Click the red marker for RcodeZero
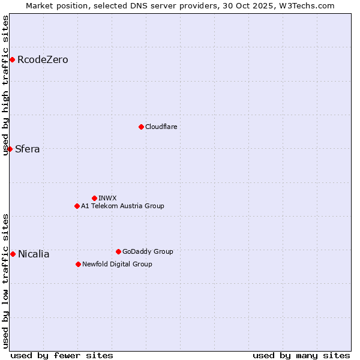(12, 59)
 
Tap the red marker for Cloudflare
(141, 127)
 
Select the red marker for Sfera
(10, 149)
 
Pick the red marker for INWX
(94, 198)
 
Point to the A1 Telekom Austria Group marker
(77, 206)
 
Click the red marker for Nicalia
(13, 254)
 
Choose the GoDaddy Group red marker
(118, 251)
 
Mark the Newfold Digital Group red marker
(78, 264)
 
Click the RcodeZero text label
(43, 59)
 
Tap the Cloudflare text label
(161, 127)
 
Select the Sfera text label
(28, 149)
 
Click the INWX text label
(107, 198)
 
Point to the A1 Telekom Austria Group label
(122, 206)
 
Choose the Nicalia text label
(34, 254)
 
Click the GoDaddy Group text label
(148, 251)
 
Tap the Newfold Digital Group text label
(117, 264)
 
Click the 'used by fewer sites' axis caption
(62, 355)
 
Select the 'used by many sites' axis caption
(301, 355)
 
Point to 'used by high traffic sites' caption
(6, 85)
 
